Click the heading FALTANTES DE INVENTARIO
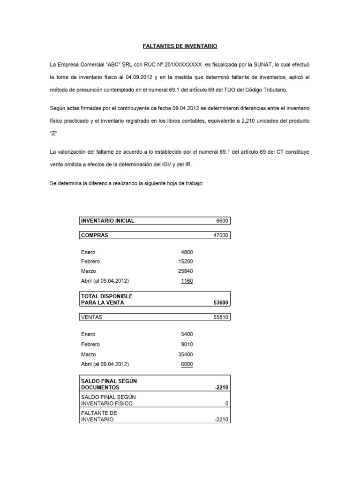[180, 46]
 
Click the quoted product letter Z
[53, 134]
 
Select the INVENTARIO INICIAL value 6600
[221, 221]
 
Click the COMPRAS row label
[94, 235]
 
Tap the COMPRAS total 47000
[219, 235]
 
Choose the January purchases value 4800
[187, 252]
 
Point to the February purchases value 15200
[185, 262]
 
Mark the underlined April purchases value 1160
[186, 281]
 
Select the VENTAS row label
[91, 317]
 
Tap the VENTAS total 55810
[219, 317]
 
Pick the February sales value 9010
[187, 344]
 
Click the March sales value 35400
[185, 354]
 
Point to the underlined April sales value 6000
[186, 364]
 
